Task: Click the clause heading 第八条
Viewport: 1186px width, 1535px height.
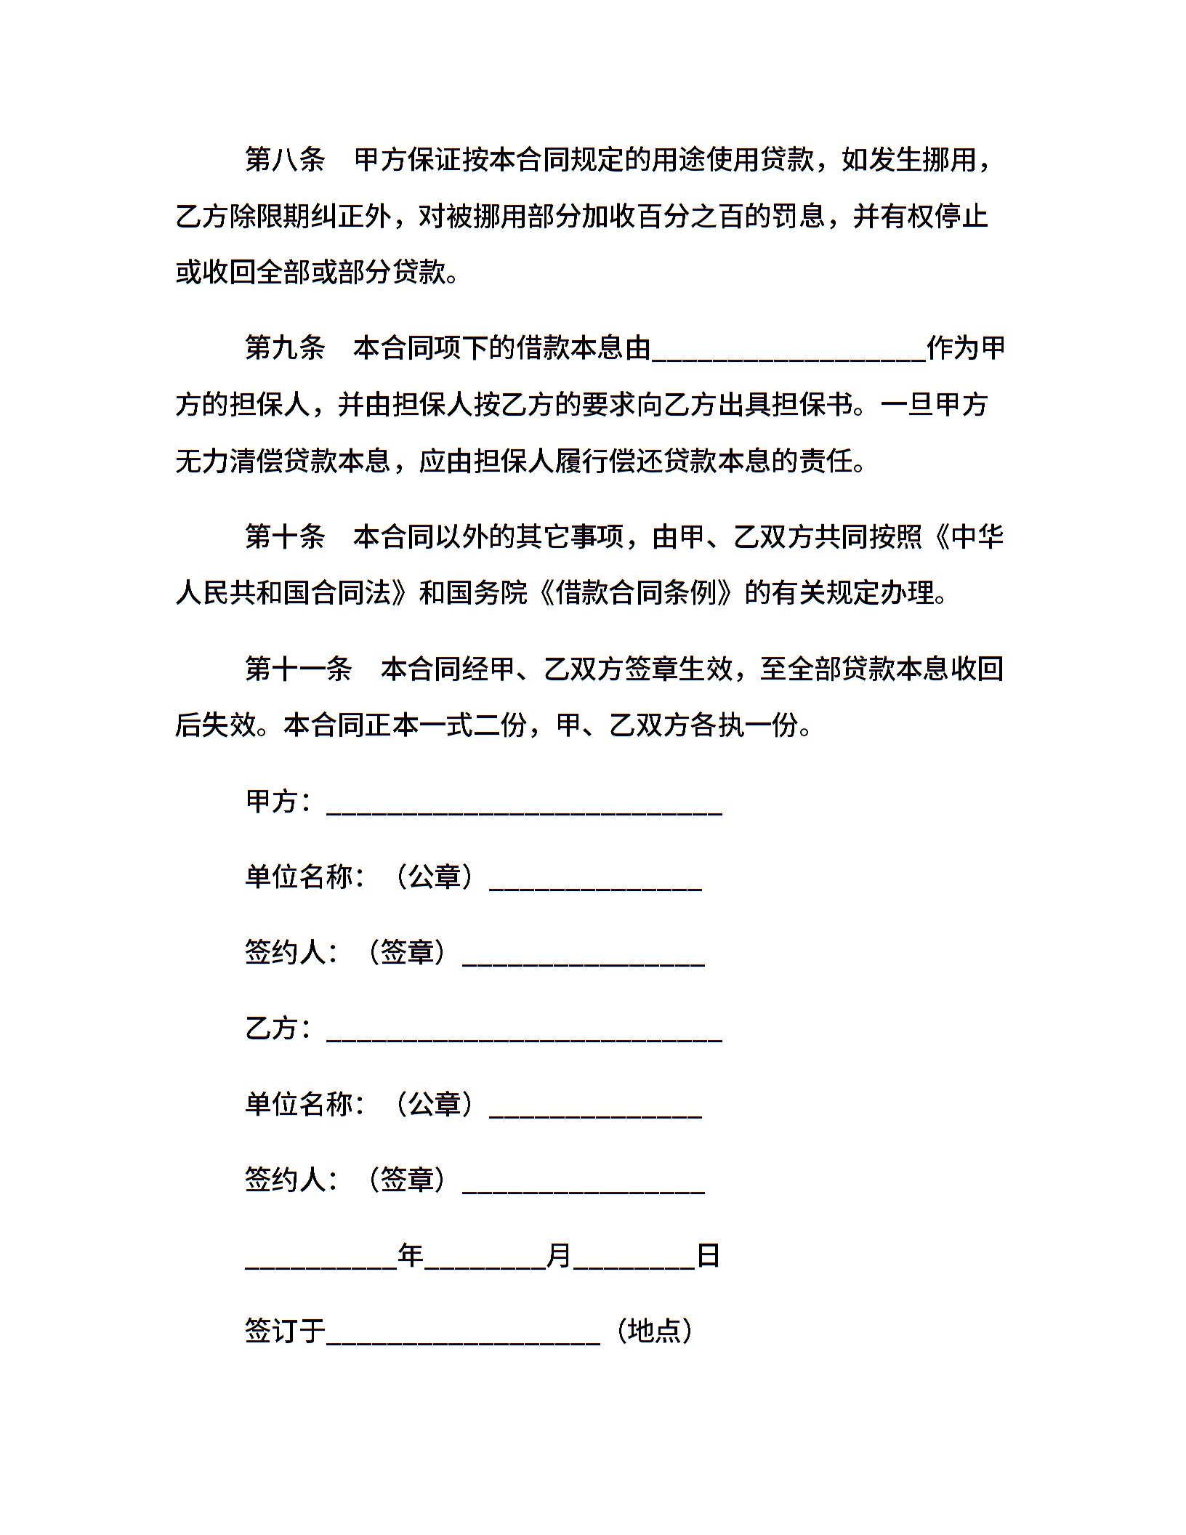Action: (x=285, y=160)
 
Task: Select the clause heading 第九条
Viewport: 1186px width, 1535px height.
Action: (x=285, y=349)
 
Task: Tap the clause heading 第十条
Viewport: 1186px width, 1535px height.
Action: (x=285, y=537)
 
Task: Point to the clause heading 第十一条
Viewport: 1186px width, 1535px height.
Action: (x=298, y=669)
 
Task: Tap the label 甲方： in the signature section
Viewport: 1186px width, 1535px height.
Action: (x=280, y=802)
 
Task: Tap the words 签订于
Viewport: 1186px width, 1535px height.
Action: (x=285, y=1331)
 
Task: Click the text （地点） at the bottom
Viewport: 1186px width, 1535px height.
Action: (x=654, y=1331)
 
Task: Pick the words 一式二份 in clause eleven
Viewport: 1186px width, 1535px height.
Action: (x=473, y=725)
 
